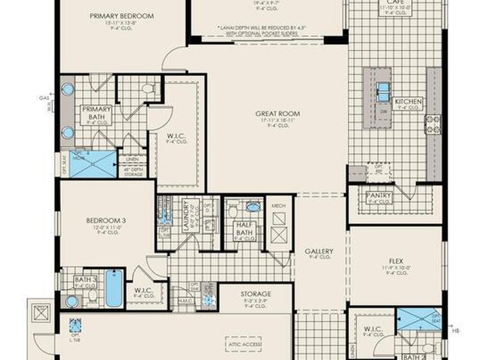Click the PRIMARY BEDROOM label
tap(122, 16)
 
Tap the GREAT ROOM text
tap(277, 113)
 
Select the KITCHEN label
tap(408, 102)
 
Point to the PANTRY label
tap(379, 195)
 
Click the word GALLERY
tap(319, 251)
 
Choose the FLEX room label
tap(396, 261)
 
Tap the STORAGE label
tap(255, 294)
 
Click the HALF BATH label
tap(244, 229)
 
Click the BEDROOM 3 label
tap(106, 220)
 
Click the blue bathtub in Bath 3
tap(113, 288)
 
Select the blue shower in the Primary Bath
tap(92, 164)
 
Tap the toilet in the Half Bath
tap(233, 211)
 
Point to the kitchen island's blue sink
tap(383, 92)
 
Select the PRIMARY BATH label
tap(97, 113)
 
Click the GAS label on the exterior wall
tap(45, 98)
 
